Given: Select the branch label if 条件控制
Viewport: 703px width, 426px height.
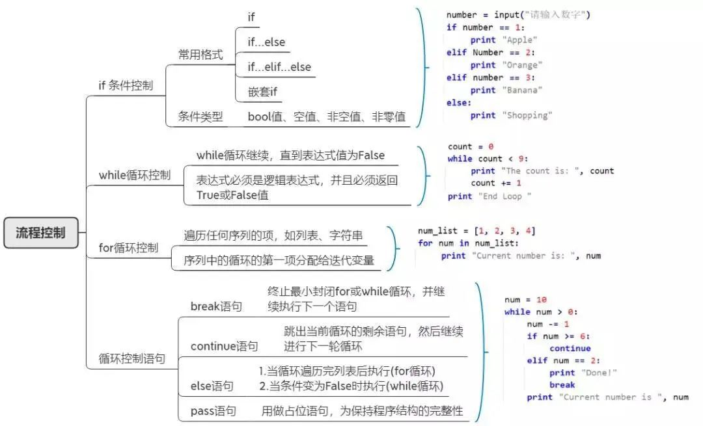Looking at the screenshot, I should coord(126,85).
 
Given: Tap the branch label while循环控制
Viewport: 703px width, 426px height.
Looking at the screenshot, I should coord(135,175).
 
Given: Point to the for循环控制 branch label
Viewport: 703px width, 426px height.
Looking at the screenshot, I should coord(128,248).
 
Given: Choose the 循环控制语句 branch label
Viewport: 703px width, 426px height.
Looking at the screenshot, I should coord(131,358).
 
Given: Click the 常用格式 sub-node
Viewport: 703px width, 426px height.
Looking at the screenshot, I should coord(200,55).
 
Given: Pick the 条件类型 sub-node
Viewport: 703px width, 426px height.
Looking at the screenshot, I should coord(200,117).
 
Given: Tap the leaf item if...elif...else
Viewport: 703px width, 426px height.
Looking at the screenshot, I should coord(279,67).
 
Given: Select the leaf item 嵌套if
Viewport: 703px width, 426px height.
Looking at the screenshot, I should coord(262,92).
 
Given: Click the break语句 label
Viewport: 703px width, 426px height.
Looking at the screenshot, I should coord(215,306).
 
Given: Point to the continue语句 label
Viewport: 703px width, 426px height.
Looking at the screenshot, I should coord(224,346).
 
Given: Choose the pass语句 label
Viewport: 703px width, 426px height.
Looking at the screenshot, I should coord(213,411).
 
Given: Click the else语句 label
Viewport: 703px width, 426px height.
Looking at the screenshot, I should coord(212,386).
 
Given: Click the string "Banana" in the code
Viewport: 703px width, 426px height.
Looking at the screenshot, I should coord(522,90).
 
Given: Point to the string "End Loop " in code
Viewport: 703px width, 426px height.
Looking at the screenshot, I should coord(504,196).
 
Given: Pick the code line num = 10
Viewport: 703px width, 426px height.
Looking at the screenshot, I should coord(525,300).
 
